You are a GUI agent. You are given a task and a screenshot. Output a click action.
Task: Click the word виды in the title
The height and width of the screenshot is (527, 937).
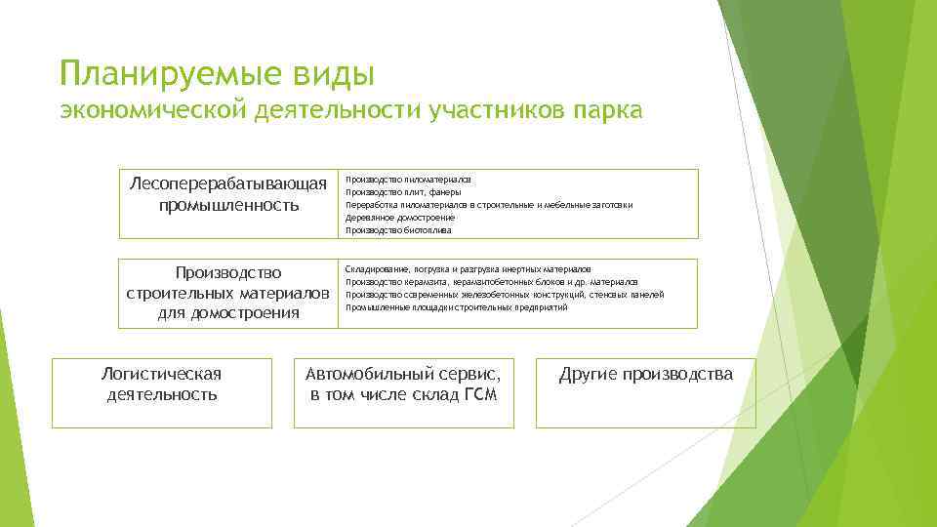coord(340,74)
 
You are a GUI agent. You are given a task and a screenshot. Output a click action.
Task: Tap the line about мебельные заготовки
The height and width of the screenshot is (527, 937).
coord(489,206)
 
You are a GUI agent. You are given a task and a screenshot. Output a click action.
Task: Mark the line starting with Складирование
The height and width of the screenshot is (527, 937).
coord(468,269)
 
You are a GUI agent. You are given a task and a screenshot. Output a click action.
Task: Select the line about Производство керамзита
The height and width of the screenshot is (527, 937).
coord(492,282)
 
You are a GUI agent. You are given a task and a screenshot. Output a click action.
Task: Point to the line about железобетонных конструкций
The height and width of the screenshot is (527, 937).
coord(505,295)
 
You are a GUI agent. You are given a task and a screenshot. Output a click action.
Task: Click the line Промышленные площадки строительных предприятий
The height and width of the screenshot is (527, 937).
coord(456,307)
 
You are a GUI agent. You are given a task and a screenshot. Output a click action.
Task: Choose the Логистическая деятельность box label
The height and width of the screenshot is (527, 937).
coord(162,385)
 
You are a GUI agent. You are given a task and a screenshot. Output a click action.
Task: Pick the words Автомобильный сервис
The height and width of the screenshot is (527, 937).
coord(403,375)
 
